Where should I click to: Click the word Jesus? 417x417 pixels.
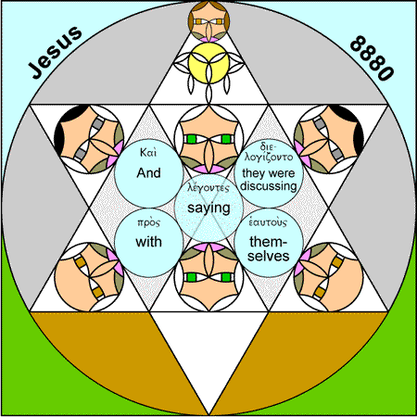[x=56, y=52]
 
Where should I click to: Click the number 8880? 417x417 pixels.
[x=373, y=58]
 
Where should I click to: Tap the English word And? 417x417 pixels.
[x=148, y=173]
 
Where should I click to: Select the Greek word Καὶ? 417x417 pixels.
[x=148, y=153]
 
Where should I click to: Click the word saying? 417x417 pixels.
[x=208, y=208]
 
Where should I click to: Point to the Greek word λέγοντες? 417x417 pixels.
[x=208, y=188]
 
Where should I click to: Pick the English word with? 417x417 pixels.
[x=148, y=242]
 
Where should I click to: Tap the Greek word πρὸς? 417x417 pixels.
[x=148, y=222]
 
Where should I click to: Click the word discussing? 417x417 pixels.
[x=269, y=186]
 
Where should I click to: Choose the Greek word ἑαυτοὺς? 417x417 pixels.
[x=268, y=222]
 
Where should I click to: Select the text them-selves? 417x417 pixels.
[x=269, y=249]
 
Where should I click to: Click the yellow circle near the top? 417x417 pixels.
[x=208, y=63]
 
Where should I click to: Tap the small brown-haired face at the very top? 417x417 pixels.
[x=208, y=21]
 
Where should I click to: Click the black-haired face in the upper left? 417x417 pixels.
[x=89, y=139]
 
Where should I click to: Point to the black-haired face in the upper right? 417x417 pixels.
[x=329, y=139]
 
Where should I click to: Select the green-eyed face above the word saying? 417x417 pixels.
[x=208, y=139]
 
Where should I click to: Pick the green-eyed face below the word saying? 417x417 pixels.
[x=208, y=277]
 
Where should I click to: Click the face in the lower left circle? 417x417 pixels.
[x=89, y=277]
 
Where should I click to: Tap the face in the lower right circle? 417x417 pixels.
[x=329, y=277]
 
